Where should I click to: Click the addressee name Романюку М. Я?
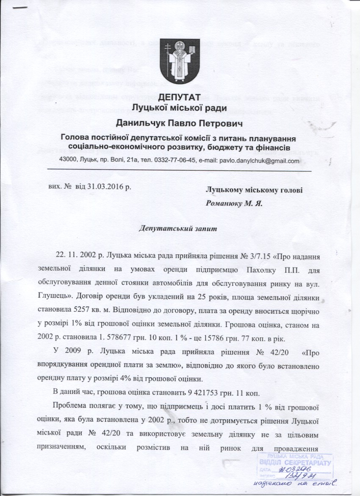pos(234,203)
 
